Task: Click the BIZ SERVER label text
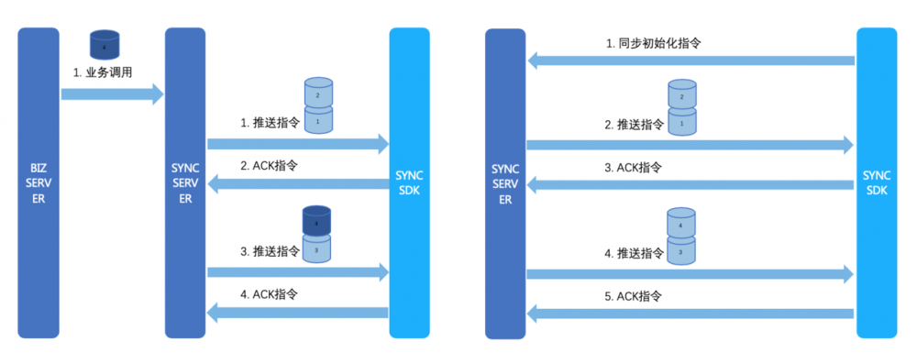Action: click(38, 182)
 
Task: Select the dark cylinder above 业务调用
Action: click(104, 46)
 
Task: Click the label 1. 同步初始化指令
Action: click(654, 42)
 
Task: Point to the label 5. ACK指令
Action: click(639, 295)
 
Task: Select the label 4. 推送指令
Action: click(635, 253)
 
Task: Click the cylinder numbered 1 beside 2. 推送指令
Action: click(681, 123)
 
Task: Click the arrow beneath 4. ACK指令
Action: click(298, 314)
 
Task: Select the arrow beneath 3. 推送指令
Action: click(298, 271)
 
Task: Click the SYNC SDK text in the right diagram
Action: click(877, 182)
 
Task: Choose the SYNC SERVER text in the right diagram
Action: click(505, 183)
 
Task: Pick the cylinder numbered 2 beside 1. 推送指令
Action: click(317, 94)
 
